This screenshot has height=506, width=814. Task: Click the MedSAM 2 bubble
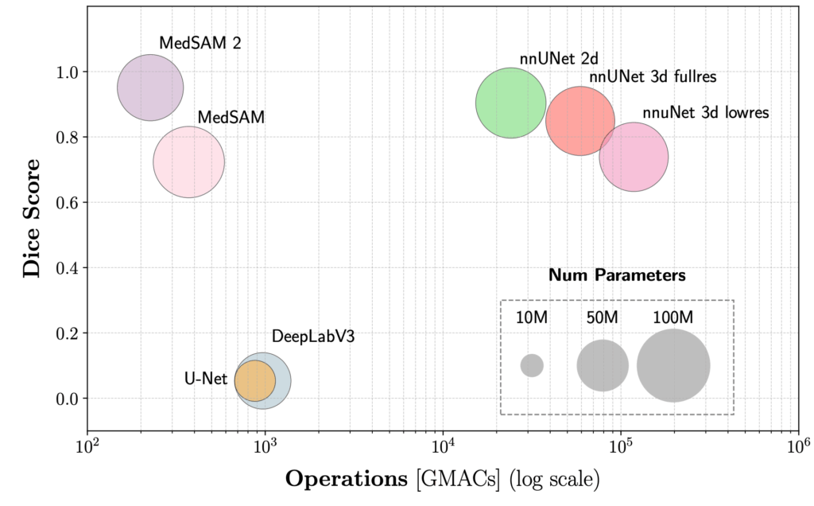[x=150, y=88]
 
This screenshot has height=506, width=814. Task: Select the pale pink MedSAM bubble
[x=188, y=162]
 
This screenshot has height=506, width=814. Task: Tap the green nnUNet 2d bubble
[x=511, y=103]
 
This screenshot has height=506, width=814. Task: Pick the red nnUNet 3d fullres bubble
[x=580, y=121]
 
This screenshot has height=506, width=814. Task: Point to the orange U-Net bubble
[x=254, y=380]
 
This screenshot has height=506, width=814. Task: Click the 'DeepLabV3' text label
[x=312, y=336]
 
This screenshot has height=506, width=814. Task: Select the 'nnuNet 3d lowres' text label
[x=705, y=113]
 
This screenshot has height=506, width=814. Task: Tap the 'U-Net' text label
[x=205, y=379]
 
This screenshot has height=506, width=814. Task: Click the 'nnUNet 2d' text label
[x=547, y=58]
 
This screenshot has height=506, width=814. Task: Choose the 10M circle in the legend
[x=532, y=365]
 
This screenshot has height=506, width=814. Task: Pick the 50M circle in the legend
[x=603, y=365]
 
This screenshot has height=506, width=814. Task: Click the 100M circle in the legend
[x=673, y=365]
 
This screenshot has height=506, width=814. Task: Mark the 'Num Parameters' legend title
[x=617, y=276]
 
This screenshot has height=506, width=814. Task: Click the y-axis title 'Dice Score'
[x=32, y=216]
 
